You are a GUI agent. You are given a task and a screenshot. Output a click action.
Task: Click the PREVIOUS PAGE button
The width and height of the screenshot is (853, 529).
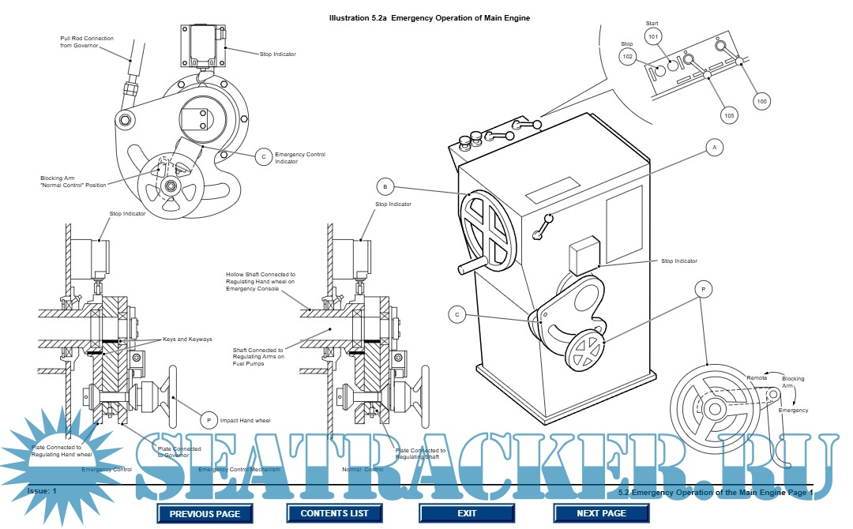205,513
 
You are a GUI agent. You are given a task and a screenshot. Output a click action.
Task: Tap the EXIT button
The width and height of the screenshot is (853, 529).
467,513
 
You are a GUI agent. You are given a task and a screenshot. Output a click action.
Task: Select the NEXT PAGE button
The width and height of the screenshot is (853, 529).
602,513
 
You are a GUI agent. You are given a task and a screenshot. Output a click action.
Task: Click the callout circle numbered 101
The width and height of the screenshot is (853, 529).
652,37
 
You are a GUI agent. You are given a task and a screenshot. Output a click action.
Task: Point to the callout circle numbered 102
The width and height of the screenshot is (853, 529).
628,57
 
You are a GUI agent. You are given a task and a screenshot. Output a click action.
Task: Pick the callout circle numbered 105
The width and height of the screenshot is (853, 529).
729,115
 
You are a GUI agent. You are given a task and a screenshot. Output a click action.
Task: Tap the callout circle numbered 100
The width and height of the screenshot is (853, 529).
761,101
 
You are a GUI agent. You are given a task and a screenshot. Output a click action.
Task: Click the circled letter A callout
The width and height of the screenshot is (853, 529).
714,148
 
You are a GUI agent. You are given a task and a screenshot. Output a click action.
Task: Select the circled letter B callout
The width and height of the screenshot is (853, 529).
385,187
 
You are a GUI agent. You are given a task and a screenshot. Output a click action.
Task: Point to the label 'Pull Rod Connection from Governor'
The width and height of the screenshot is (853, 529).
88,41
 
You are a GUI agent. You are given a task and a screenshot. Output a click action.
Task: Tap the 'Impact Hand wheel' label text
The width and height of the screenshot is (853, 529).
246,421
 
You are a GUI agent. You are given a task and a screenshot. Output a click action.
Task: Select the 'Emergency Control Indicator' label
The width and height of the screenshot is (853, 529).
300,158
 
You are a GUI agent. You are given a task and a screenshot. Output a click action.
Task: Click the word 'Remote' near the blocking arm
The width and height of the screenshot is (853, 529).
757,378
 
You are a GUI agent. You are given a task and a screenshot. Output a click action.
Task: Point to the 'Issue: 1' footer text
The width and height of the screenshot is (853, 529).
43,491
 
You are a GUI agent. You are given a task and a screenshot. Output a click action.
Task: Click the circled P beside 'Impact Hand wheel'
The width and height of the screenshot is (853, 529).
209,421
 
